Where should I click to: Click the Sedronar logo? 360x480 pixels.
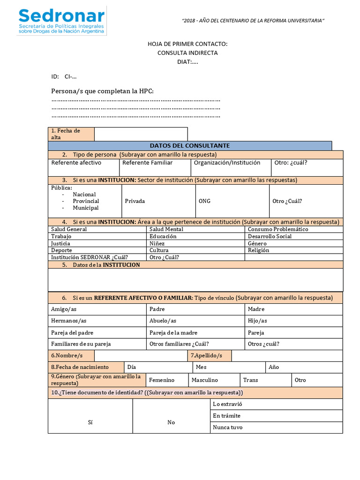click(61, 21)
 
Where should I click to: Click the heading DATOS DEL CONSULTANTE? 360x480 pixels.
click(189, 146)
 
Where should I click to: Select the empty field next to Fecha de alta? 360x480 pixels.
click(141, 134)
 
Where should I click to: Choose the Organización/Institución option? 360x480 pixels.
click(227, 163)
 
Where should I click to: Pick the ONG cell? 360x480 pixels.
click(205, 201)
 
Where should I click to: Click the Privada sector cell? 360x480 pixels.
click(135, 201)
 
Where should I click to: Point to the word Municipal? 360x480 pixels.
click(85, 208)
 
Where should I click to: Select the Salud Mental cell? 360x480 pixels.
click(166, 229)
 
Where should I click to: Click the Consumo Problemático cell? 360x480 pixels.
click(278, 229)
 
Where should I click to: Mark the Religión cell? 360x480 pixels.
click(259, 250)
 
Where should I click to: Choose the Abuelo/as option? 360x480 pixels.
click(163, 321)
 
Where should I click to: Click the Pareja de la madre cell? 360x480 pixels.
click(173, 332)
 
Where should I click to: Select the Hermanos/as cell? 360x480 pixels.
click(69, 321)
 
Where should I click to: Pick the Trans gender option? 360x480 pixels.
click(251, 380)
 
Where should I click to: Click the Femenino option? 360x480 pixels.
click(162, 380)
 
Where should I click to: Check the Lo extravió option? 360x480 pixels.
click(227, 404)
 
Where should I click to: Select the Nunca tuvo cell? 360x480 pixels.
click(228, 427)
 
